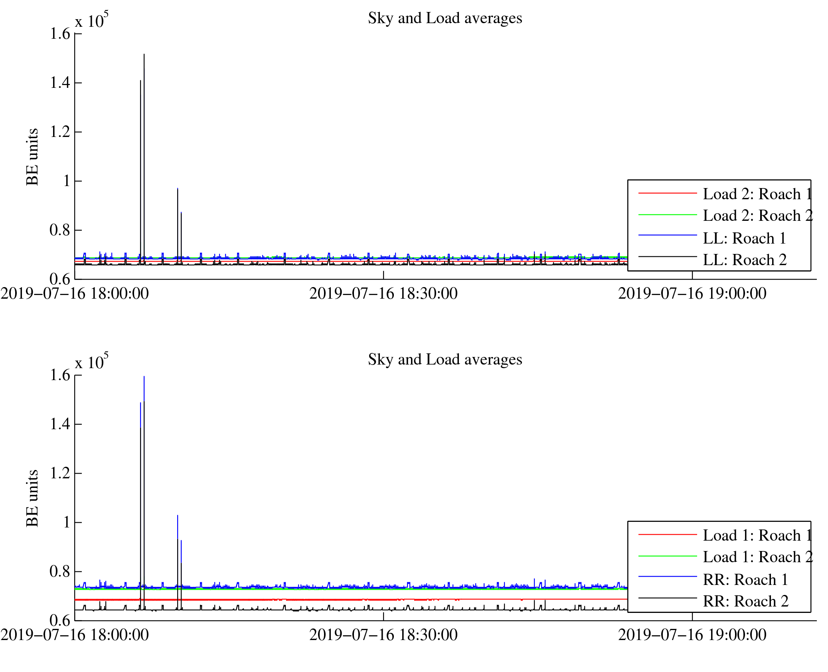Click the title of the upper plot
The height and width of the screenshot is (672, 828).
click(x=445, y=18)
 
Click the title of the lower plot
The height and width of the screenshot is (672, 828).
click(x=445, y=360)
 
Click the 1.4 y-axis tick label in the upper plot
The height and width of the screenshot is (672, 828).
click(x=60, y=83)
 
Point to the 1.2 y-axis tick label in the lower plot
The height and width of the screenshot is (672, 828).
click(x=60, y=473)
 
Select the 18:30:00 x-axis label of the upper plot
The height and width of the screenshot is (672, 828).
click(x=383, y=294)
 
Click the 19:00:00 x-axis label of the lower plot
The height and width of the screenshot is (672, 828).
click(x=692, y=635)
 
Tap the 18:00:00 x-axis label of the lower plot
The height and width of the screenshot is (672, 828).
click(x=75, y=635)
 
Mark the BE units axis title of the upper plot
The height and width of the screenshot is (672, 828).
click(x=32, y=157)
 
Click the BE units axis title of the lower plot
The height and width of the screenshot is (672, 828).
click(x=32, y=498)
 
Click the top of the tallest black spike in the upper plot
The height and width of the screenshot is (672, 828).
click(x=144, y=54)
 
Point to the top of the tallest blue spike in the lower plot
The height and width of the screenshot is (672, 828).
click(x=144, y=377)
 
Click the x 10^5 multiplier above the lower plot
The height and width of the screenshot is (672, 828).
click(x=91, y=361)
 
